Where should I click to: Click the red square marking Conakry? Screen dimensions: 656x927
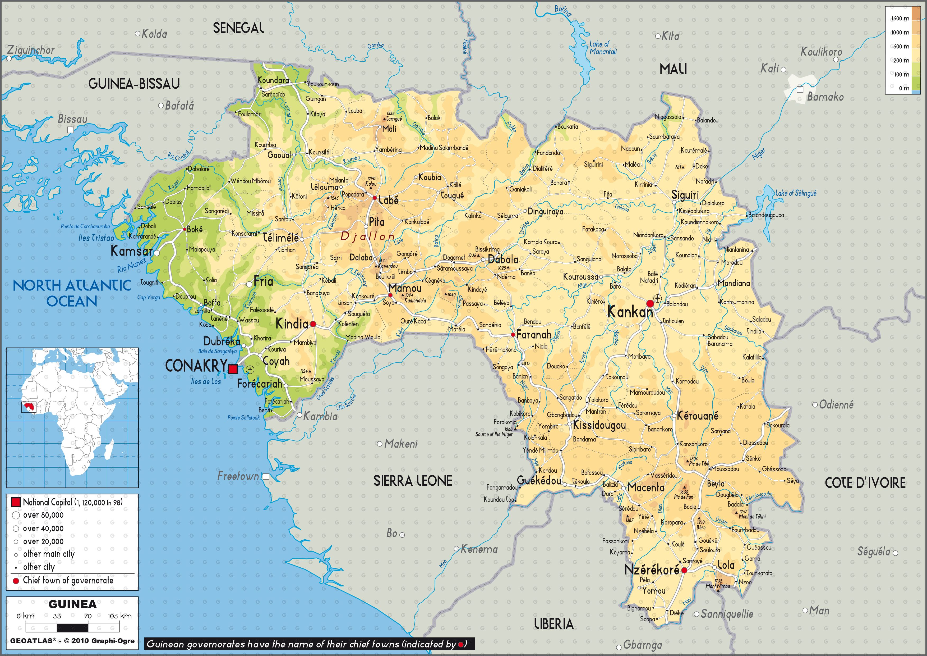233,369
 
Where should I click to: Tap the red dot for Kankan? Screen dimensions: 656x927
650,303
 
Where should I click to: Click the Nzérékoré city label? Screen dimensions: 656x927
652,570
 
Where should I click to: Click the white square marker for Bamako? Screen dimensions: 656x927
800,90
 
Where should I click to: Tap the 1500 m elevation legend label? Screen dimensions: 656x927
900,19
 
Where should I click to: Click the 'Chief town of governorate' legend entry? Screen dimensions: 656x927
68,580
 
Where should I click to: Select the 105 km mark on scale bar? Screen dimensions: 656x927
119,616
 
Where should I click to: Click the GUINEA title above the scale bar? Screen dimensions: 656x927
73,604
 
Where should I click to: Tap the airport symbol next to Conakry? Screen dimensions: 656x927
250,369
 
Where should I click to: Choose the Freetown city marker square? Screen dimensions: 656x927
266,477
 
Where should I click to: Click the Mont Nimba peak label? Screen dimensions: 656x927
718,586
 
